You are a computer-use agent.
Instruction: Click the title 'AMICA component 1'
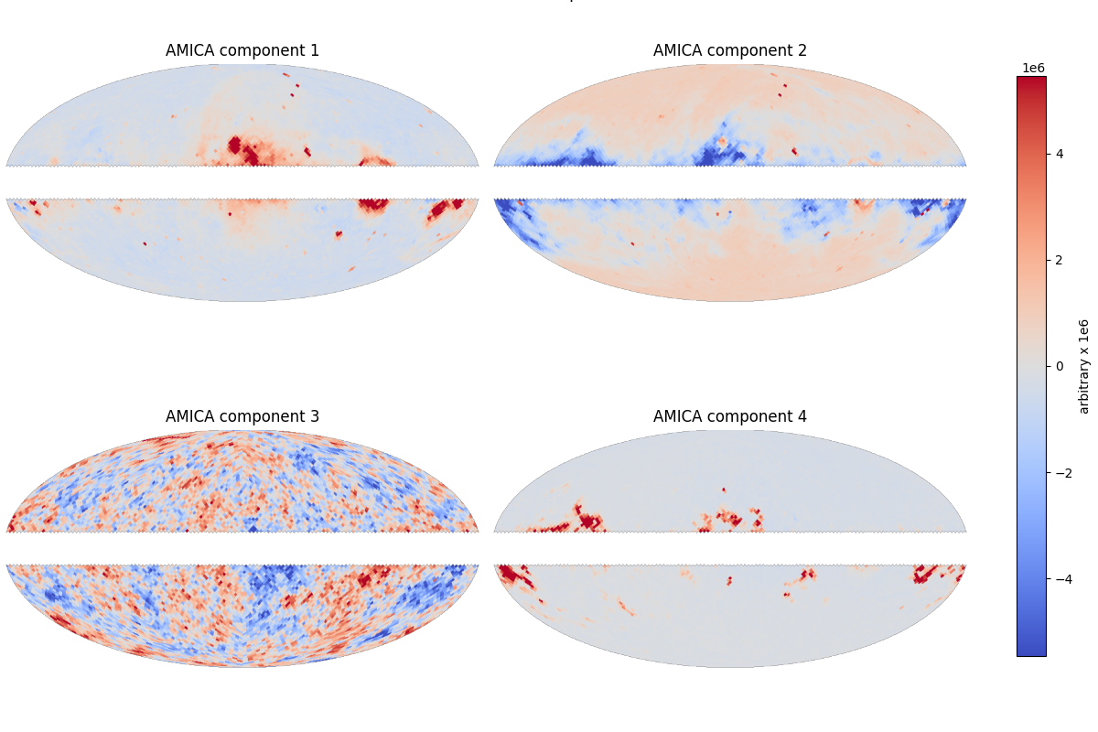242,50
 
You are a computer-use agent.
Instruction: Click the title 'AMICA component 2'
730,50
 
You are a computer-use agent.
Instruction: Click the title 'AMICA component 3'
242,416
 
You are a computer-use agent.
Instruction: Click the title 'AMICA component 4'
730,416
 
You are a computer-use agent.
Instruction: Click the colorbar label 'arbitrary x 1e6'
1084,366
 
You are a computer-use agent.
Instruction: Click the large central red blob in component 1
242,150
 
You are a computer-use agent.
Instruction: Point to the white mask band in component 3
242,548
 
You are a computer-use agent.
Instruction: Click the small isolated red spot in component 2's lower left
632,243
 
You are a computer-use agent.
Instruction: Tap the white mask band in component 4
730,548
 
